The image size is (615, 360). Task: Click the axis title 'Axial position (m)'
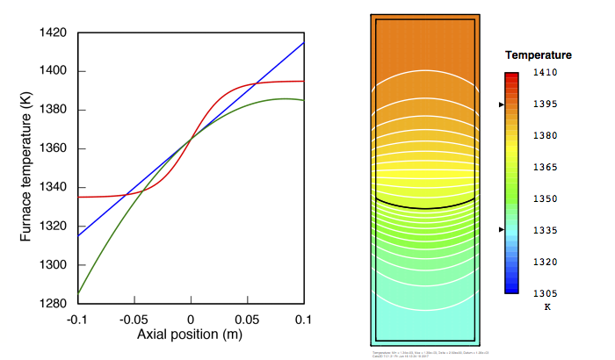[191, 335]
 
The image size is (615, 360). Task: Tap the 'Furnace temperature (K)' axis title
[26, 168]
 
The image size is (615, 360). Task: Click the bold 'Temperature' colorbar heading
[539, 55]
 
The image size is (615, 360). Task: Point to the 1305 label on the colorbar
[547, 293]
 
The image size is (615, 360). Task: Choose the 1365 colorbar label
[547, 167]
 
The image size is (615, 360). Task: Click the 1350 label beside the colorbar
[547, 198]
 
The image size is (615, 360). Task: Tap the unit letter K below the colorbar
[546, 307]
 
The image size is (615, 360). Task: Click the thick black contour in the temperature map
[425, 207]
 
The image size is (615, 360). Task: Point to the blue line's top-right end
[304, 43]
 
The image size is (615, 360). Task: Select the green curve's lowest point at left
[78, 293]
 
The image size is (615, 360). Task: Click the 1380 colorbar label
[547, 136]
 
